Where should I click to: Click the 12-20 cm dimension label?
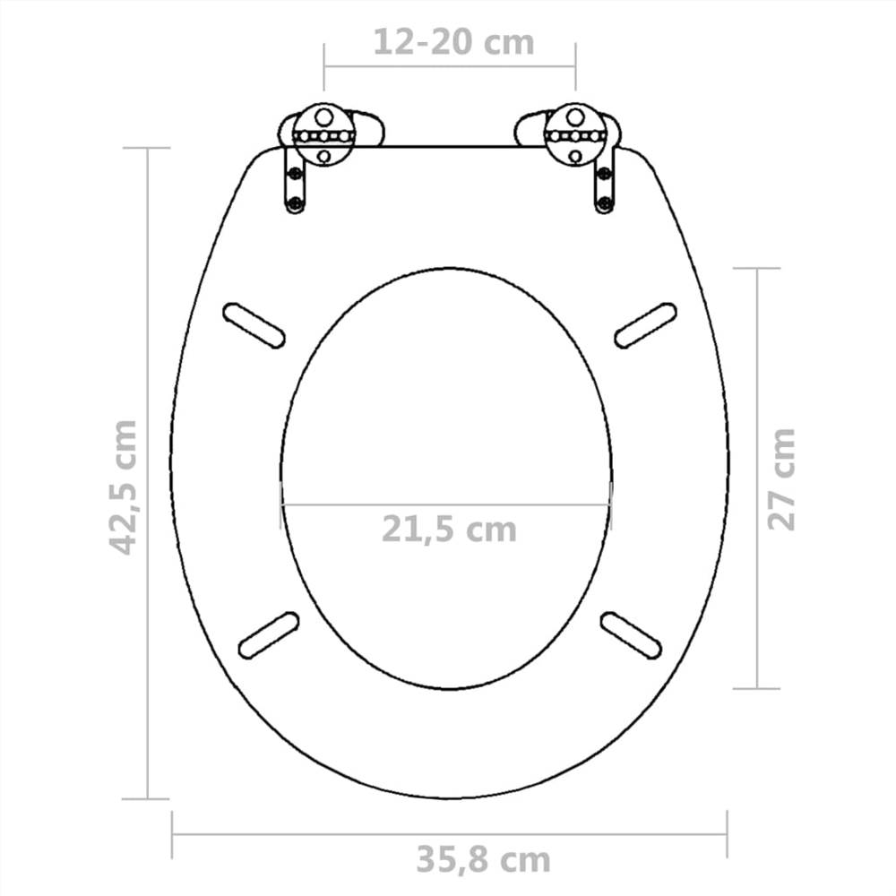(x=453, y=41)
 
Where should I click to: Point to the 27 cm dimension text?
(x=781, y=478)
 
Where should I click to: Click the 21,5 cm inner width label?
(x=449, y=530)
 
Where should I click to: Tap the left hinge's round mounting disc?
(x=324, y=134)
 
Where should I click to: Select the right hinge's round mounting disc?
(x=576, y=134)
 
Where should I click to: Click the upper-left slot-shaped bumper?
(x=254, y=323)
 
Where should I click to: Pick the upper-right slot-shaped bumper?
(x=645, y=324)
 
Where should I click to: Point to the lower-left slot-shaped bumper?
(x=268, y=634)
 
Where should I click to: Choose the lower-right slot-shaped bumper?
(x=631, y=634)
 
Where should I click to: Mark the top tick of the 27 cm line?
(x=757, y=268)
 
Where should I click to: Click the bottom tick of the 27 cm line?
(x=757, y=688)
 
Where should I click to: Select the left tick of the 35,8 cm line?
(x=172, y=833)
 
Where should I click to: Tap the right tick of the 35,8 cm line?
(x=728, y=833)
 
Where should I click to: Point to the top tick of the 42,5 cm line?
(x=146, y=148)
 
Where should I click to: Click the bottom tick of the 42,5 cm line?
(x=146, y=798)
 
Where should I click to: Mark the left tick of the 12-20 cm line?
(x=324, y=65)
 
